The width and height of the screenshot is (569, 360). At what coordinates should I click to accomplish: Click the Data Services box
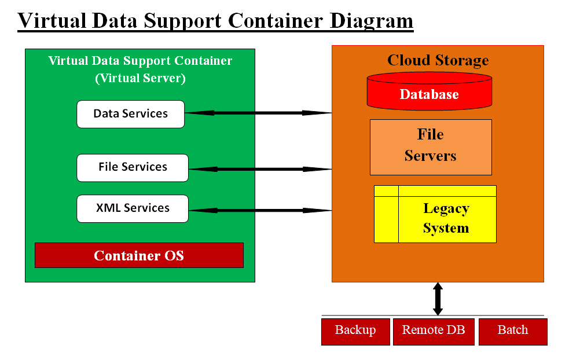[130, 114]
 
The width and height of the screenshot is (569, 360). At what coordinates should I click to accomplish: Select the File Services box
[133, 167]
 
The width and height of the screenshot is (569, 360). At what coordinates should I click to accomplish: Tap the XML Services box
[133, 208]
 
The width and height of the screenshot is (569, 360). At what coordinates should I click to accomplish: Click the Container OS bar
[139, 255]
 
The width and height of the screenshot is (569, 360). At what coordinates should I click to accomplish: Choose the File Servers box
[431, 147]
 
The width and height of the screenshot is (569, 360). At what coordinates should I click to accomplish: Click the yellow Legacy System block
[435, 214]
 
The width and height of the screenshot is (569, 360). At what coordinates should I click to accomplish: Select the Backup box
[355, 332]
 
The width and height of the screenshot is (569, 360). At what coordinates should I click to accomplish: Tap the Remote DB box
[434, 332]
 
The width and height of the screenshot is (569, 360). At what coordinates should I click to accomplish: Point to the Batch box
[513, 332]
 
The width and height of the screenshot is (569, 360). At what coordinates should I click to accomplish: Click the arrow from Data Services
[258, 113]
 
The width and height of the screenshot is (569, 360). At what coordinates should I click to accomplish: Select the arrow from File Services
[260, 169]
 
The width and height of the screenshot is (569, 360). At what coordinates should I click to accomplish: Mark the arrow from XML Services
[260, 210]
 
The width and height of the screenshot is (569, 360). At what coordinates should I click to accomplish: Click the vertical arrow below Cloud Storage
[438, 299]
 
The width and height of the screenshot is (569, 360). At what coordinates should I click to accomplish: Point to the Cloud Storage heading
[438, 60]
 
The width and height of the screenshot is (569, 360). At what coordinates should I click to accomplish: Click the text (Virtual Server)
[140, 78]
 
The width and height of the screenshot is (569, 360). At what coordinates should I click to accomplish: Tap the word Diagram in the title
[371, 20]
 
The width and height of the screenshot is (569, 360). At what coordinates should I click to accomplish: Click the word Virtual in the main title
[52, 20]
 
